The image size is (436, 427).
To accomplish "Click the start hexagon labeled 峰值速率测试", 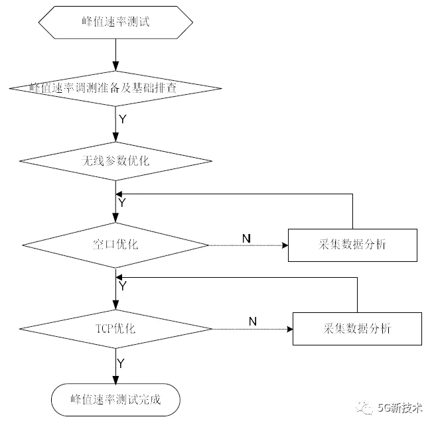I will pos(115,23).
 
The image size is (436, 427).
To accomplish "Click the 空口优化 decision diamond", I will pos(115,245).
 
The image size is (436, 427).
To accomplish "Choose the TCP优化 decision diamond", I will pos(115,328).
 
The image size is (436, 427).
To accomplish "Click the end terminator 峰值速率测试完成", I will pos(115,400).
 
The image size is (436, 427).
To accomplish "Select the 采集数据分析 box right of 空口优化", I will pos(352,245).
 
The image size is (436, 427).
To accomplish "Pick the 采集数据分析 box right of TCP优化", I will pos(356,328).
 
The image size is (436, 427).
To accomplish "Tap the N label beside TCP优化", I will pos(252,322).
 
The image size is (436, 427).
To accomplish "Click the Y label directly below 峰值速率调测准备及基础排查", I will pos(122,119).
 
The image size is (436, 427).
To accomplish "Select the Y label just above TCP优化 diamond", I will pos(122,286).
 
